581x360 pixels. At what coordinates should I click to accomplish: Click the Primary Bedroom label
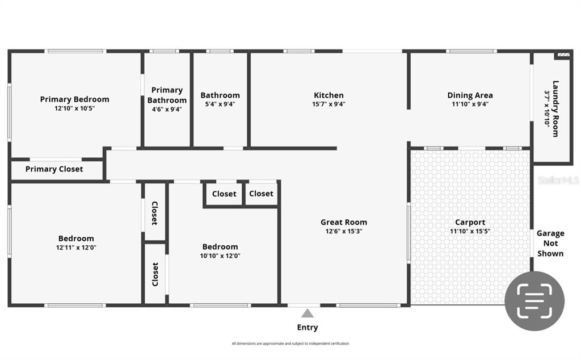pos(74,99)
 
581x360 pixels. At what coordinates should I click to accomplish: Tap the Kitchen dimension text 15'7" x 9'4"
pos(329,104)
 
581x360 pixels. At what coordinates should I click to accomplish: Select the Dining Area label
pos(470,95)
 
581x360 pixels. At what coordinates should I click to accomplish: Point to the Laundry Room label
pos(555,108)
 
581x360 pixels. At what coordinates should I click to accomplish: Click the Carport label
pos(470,223)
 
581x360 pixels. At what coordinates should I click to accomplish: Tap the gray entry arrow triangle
pos(307,313)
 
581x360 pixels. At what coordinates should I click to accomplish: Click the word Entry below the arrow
pos(307,328)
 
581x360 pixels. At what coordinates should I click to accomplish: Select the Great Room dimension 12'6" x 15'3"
pos(344,231)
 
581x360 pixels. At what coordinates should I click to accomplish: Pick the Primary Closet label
pos(54,169)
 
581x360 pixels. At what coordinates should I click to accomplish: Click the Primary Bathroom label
pos(167,95)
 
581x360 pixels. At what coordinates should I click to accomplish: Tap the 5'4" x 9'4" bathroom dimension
pos(220,104)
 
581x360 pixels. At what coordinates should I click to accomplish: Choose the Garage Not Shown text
pos(550,244)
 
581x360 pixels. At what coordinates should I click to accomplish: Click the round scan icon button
pos(534,301)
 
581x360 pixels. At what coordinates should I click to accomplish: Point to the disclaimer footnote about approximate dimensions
pos(290,344)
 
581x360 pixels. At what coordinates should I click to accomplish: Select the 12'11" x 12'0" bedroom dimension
pos(76,248)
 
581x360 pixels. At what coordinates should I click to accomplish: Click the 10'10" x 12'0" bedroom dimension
pos(220,256)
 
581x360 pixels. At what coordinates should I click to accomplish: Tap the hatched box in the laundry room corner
pos(563,55)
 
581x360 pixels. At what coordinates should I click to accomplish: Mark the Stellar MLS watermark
pos(558,180)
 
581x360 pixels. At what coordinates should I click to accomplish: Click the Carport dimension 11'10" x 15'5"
pos(470,231)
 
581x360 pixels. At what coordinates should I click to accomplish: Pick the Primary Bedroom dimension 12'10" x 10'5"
pos(74,108)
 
